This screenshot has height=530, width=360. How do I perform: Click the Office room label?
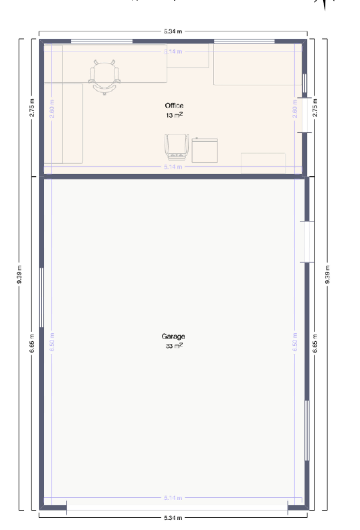(x=174, y=106)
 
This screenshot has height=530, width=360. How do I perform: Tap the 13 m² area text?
(x=175, y=115)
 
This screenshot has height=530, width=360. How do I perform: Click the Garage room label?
(x=173, y=337)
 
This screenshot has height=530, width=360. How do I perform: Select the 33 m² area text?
(x=174, y=346)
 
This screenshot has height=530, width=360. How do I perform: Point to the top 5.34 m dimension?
(x=173, y=31)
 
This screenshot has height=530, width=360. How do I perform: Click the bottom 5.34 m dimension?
(x=173, y=518)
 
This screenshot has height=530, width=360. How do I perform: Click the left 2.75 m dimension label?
(x=31, y=108)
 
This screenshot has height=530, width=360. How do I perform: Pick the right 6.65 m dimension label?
(x=316, y=343)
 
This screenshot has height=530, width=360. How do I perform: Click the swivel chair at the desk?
(x=106, y=75)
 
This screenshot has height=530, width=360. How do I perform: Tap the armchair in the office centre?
(x=175, y=147)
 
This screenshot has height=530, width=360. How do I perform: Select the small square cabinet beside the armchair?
(x=205, y=150)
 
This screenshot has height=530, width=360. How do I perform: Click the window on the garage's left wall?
(x=41, y=297)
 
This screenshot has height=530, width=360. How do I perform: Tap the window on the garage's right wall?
(x=307, y=430)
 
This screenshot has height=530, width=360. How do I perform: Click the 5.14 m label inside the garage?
(x=173, y=498)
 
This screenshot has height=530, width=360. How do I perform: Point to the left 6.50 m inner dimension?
(x=52, y=343)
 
